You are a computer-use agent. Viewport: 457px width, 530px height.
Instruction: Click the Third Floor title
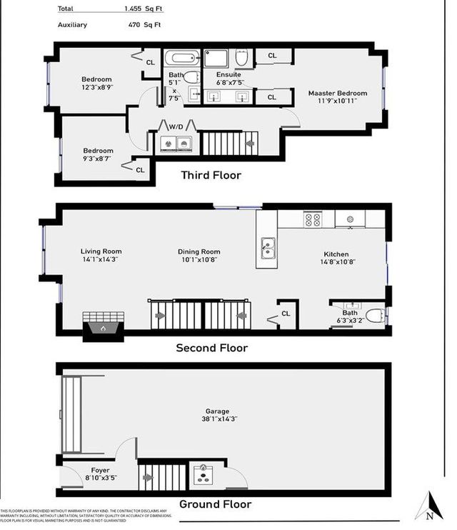click(x=211, y=175)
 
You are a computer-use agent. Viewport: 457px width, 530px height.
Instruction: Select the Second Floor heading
click(x=212, y=349)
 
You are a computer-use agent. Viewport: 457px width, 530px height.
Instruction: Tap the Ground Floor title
click(x=215, y=504)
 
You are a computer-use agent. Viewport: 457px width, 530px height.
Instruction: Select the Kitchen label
click(x=336, y=254)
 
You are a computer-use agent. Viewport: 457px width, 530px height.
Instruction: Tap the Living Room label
click(x=101, y=251)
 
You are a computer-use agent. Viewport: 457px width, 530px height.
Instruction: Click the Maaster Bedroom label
click(x=338, y=93)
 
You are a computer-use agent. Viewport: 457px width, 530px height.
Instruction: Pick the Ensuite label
click(x=229, y=74)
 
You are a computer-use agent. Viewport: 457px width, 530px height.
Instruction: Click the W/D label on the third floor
click(x=176, y=126)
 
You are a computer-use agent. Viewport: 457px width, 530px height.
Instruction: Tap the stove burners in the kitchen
click(x=313, y=219)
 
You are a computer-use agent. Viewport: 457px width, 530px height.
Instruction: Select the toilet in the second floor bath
click(x=373, y=316)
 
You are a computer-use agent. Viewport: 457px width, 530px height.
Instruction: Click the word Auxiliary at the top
click(x=74, y=25)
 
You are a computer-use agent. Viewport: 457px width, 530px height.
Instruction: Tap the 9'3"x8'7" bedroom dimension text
click(x=98, y=159)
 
